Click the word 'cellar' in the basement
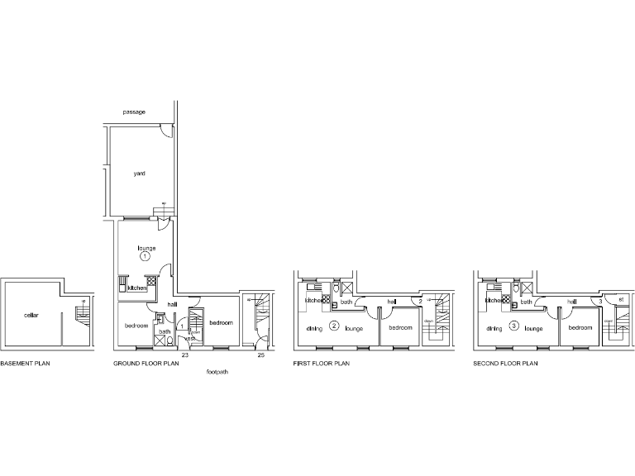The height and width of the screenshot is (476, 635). [x=31, y=315]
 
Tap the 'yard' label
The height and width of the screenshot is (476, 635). [x=139, y=174]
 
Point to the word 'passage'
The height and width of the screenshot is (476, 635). [x=134, y=112]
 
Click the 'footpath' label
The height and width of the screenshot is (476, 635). [x=217, y=372]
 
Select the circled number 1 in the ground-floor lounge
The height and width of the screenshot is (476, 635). [x=146, y=258]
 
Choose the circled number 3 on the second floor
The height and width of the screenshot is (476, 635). [x=513, y=326]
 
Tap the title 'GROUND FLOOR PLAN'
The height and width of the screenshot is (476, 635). [x=146, y=363]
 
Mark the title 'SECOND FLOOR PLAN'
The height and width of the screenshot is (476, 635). [x=505, y=363]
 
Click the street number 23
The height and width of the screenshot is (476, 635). [x=185, y=355]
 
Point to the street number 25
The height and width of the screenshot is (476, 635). [x=260, y=355]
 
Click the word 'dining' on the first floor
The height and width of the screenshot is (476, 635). [x=314, y=329]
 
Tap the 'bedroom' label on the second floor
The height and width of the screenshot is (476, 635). [x=580, y=328]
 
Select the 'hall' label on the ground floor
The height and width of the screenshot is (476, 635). [x=172, y=305]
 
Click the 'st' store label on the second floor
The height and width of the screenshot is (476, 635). [x=620, y=300]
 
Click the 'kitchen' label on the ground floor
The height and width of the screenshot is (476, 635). [x=136, y=288]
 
